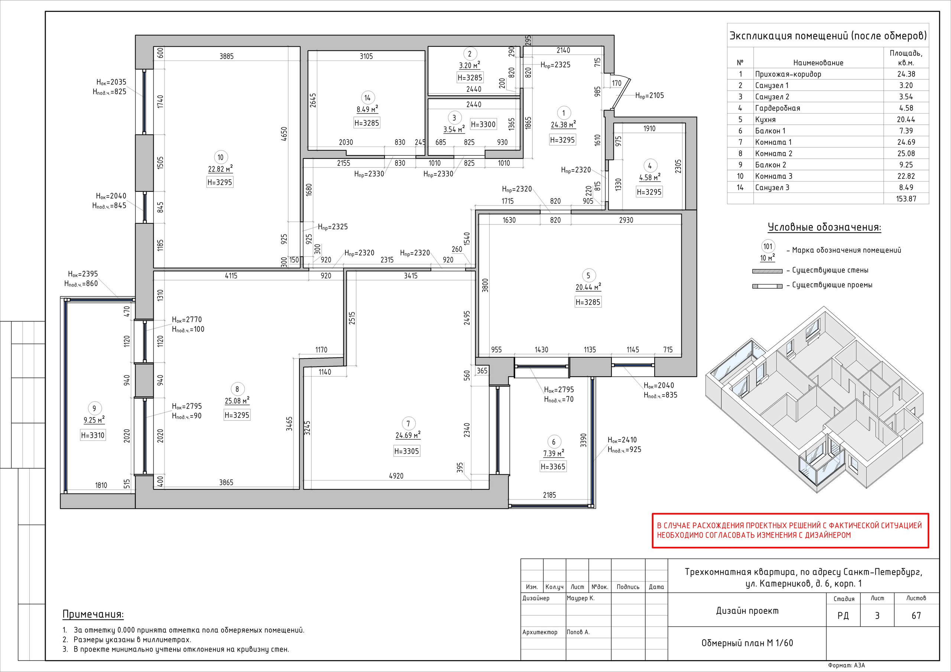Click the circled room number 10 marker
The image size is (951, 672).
[220, 157]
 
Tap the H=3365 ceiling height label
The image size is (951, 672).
[553, 467]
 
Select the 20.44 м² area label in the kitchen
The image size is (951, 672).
[588, 287]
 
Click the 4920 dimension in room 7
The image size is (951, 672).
[396, 476]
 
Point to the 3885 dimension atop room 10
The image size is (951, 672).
[227, 56]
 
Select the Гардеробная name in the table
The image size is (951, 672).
[778, 108]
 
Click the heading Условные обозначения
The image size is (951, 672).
[824, 227]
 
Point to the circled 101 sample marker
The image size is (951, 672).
[768, 247]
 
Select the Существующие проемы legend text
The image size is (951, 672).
[832, 285]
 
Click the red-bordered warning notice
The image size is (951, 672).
[790, 531]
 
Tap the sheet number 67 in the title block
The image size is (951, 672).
[916, 616]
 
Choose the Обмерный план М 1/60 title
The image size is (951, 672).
[747, 643]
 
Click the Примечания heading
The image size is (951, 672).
[93, 614]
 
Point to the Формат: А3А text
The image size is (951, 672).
[847, 665]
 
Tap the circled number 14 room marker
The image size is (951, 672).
[367, 98]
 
